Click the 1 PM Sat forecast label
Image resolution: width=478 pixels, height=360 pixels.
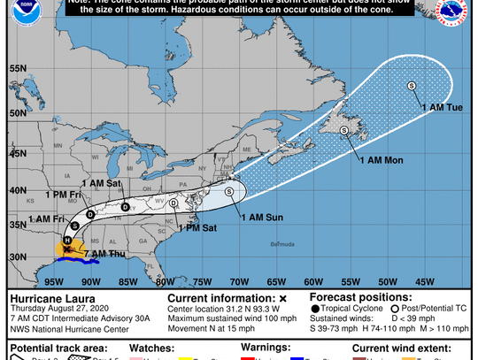click(x=197, y=228)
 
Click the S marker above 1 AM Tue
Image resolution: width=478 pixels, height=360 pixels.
click(x=412, y=86)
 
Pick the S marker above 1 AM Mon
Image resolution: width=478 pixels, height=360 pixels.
click(x=343, y=133)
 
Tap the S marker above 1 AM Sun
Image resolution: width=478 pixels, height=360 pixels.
click(x=229, y=190)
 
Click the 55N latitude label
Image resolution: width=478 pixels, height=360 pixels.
click(x=15, y=67)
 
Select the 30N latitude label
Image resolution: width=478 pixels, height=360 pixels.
click(x=15, y=257)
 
